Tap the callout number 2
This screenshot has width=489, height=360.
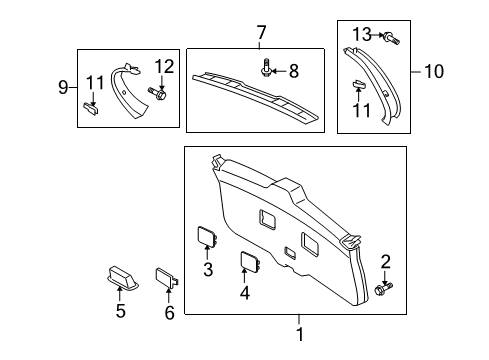coord(385,262)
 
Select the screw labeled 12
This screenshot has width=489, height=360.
coord(160,95)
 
